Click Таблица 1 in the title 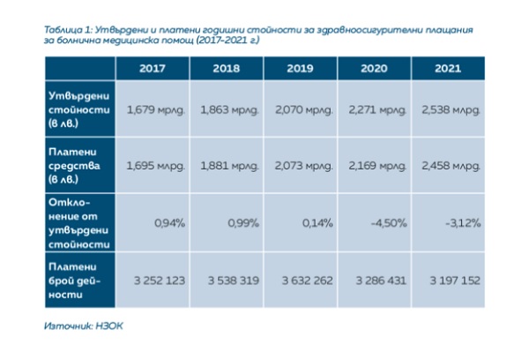click(x=69, y=29)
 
